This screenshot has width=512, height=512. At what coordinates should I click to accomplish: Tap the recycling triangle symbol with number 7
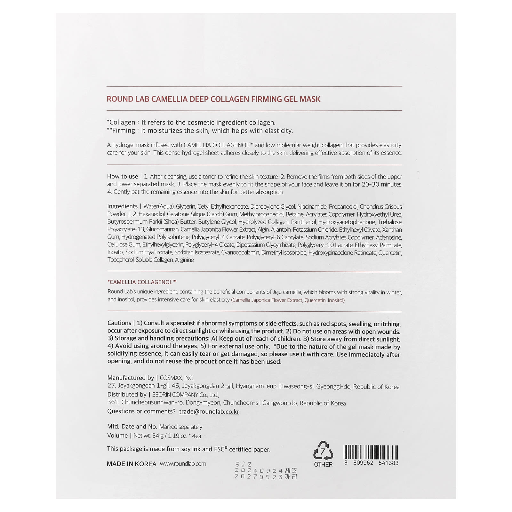(323, 451)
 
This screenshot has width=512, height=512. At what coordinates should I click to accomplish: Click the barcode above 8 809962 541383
(371, 452)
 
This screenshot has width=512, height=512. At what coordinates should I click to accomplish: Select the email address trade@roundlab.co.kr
(209, 412)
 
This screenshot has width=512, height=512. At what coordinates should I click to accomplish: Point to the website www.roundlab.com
(183, 464)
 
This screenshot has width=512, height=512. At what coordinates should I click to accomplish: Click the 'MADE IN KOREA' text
(132, 464)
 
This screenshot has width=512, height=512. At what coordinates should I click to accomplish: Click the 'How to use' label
(123, 176)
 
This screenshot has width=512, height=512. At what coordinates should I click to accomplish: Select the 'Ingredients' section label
(122, 206)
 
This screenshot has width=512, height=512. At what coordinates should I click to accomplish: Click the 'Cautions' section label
(119, 323)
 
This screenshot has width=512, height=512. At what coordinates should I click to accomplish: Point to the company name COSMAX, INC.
(177, 378)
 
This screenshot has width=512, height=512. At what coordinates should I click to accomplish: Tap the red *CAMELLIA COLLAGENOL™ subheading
(142, 282)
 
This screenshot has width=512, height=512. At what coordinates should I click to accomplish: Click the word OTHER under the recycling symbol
(323, 464)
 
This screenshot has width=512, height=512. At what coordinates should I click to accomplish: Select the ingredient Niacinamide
(312, 207)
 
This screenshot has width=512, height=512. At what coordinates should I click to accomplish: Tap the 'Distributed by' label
(127, 395)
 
